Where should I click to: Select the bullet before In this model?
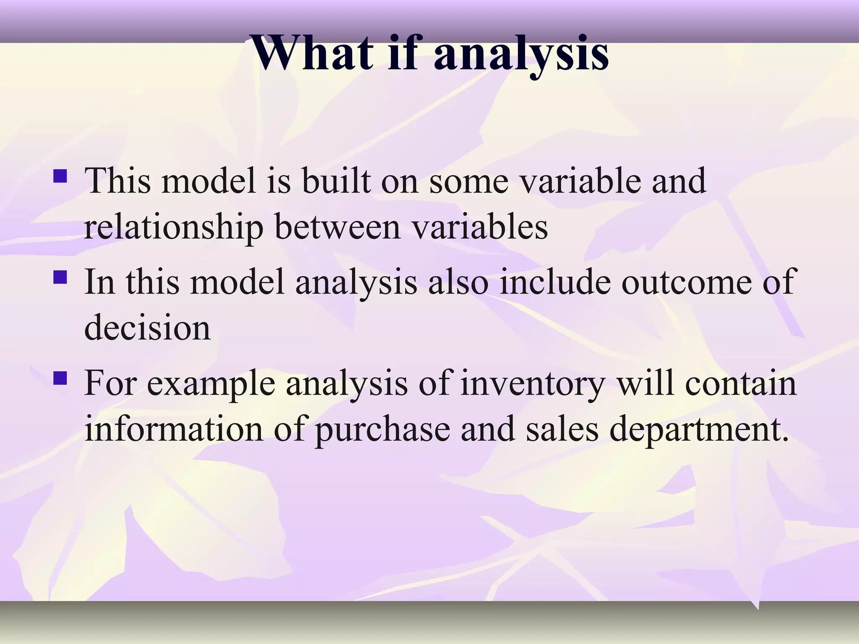click(x=60, y=277)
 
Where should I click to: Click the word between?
click(x=338, y=228)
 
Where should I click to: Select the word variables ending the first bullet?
click(x=479, y=228)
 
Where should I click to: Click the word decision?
click(x=147, y=327)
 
